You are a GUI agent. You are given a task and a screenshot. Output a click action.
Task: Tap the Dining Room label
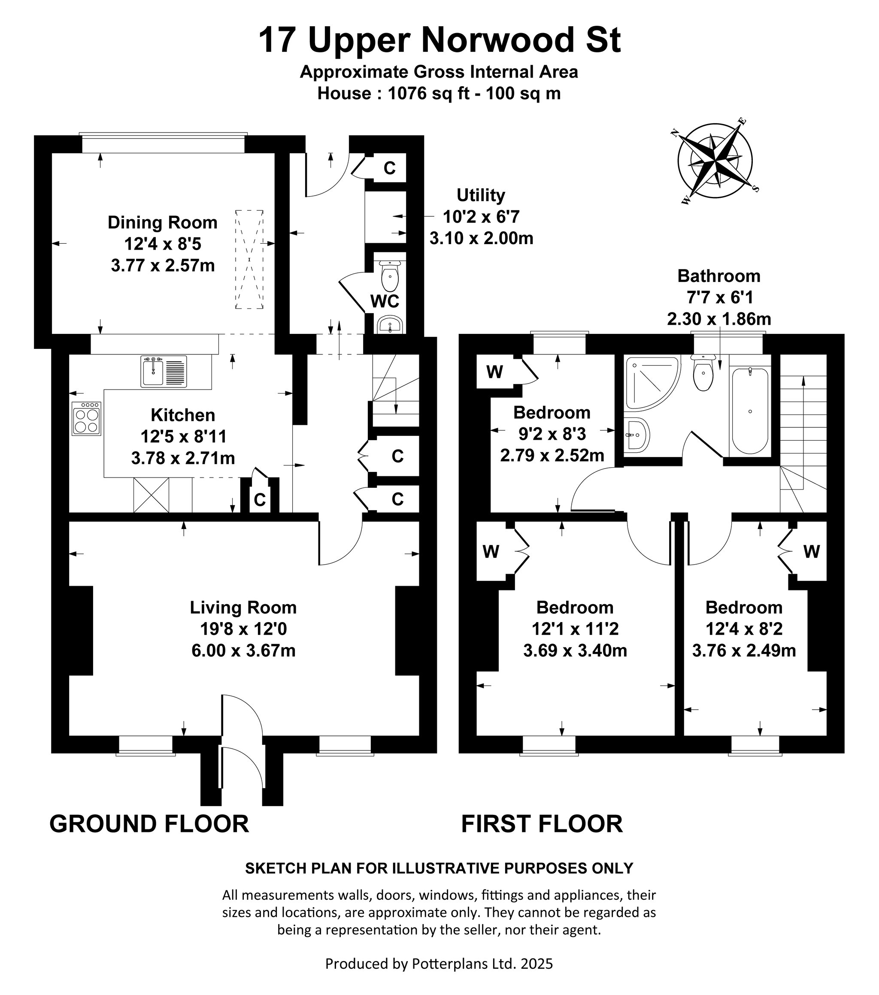[162, 222]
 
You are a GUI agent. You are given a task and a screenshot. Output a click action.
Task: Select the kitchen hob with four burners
[86, 418]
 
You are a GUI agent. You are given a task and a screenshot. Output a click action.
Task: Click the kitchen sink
[164, 372]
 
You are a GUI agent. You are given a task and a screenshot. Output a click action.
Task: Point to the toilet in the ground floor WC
[390, 275]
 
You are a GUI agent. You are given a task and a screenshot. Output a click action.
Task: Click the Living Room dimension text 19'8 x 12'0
[243, 629]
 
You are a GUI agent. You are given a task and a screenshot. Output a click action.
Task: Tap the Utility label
[481, 195]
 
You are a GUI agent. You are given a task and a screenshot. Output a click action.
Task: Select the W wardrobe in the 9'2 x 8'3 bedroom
[494, 372]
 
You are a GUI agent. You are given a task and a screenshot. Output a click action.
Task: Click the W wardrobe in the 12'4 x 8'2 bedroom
[811, 551]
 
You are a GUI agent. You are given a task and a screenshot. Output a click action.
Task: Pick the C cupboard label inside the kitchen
[260, 499]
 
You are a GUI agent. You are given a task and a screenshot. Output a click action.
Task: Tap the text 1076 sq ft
[428, 93]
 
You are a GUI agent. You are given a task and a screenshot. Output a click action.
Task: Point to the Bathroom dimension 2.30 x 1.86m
[719, 319]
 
